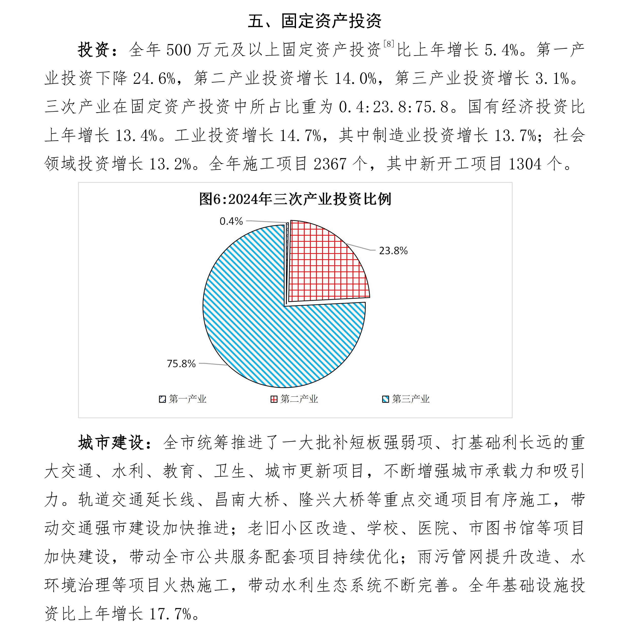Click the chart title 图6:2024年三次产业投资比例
[x=295, y=199]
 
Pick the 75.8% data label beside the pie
[x=181, y=363]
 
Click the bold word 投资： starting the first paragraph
[x=98, y=50]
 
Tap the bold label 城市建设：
[x=115, y=443]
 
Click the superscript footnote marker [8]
[x=389, y=44]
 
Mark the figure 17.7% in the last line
[x=170, y=614]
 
